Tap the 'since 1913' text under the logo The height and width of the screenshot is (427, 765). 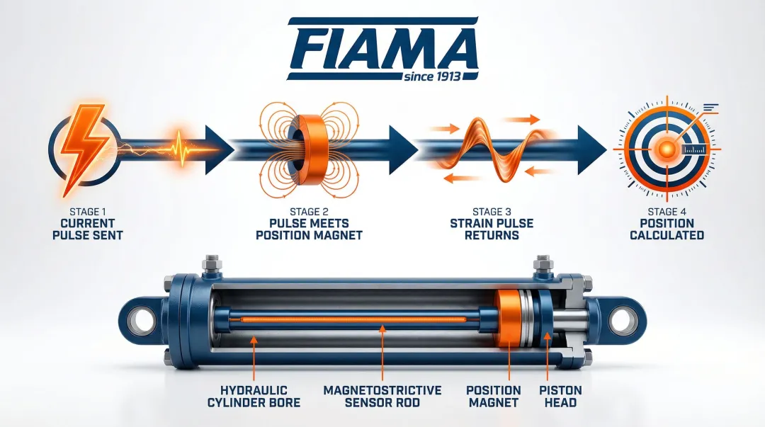point(432,76)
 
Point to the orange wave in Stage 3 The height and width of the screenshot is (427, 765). point(494,147)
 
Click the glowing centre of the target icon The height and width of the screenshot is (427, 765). point(667,148)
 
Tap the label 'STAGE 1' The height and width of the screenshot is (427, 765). point(87,212)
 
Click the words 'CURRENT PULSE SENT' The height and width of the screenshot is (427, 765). point(87,229)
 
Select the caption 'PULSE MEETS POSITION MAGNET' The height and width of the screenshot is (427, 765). point(309,229)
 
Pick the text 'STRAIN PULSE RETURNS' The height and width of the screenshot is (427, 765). point(492,229)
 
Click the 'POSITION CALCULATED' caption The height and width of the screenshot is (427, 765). point(667,229)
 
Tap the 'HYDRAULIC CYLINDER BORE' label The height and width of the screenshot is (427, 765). point(254,397)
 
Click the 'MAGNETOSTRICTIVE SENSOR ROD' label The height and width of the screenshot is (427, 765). point(382,397)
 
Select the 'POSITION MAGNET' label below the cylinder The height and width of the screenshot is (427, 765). point(493,397)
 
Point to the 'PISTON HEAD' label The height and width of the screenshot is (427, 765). point(560,397)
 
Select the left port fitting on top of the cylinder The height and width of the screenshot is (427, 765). point(212,267)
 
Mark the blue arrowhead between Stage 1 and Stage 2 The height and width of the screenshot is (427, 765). point(218,149)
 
